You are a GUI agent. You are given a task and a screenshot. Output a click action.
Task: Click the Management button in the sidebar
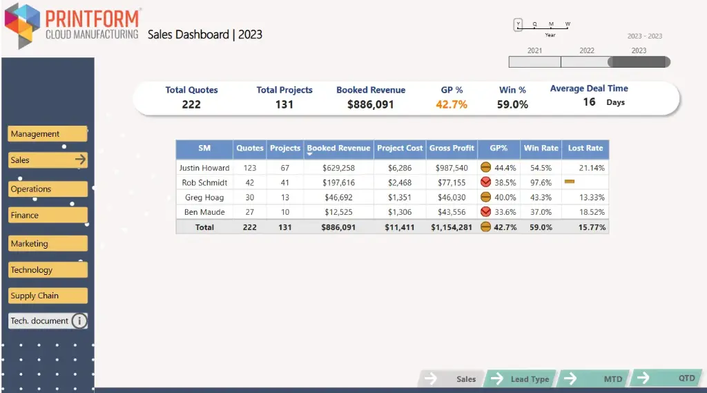[x=47, y=134]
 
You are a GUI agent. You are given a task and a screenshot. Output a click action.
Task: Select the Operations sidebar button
[x=47, y=189]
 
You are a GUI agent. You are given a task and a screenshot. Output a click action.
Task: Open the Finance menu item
[x=47, y=215]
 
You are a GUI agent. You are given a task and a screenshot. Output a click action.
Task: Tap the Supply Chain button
[x=47, y=296]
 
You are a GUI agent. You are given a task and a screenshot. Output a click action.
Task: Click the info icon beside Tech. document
[x=79, y=321]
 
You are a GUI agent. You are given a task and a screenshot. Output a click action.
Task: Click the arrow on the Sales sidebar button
[x=80, y=160]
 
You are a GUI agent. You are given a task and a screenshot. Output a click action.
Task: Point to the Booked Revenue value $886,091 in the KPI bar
[x=370, y=104]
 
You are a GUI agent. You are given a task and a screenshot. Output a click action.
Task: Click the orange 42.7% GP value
[x=452, y=104]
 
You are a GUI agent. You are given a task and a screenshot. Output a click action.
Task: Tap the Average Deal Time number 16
[x=589, y=102]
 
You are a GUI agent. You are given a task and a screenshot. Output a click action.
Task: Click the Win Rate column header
[x=541, y=148]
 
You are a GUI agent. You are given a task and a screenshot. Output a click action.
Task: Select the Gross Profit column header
[x=452, y=148]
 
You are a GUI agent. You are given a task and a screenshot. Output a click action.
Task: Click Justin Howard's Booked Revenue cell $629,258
[x=338, y=168]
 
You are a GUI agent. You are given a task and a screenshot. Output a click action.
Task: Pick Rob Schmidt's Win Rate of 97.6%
[x=541, y=183]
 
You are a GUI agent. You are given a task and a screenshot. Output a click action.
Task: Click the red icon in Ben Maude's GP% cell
[x=486, y=212]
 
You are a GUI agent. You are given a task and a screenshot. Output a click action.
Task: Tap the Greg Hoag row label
[x=204, y=198]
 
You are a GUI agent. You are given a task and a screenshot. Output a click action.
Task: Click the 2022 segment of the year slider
[x=586, y=61]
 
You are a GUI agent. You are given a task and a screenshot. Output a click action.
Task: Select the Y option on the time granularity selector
[x=518, y=25]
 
